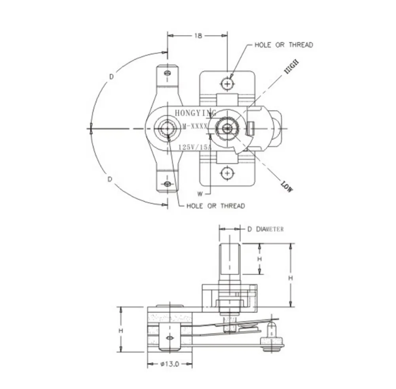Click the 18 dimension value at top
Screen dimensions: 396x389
tap(198, 36)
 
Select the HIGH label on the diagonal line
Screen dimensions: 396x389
tap(291, 66)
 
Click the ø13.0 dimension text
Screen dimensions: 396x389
tap(169, 364)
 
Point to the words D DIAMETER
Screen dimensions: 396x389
tap(265, 229)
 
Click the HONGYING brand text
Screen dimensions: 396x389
tap(196, 113)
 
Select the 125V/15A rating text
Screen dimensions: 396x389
tap(195, 147)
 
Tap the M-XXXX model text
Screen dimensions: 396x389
tap(195, 126)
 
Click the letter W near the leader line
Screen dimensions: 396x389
tap(200, 194)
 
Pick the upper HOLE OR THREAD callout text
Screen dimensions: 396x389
tap(284, 45)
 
